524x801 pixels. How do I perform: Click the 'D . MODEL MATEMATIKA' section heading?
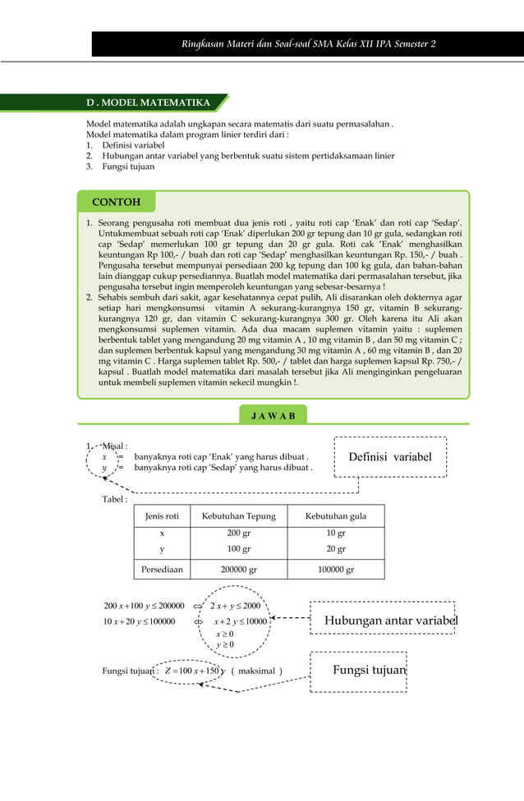coord(149,103)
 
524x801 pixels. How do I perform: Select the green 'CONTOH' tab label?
coord(116,202)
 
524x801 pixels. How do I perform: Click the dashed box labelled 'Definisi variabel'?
coord(390,456)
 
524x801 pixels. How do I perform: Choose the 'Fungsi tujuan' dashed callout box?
coord(369,671)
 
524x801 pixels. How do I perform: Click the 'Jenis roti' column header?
coord(162,516)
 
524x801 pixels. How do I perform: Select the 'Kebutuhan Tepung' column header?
coord(233,516)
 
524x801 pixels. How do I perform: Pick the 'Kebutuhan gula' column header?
coord(335,516)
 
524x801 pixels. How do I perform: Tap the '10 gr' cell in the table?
coord(335,533)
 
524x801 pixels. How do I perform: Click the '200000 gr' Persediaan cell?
coord(233,570)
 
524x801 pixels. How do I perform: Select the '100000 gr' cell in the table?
coord(335,570)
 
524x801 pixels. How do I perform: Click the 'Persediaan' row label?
coord(162,570)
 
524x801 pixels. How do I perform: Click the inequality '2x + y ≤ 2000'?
coord(235,606)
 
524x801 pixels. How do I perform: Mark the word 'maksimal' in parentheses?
coord(256,671)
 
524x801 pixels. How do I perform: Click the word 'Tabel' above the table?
coord(114,499)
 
